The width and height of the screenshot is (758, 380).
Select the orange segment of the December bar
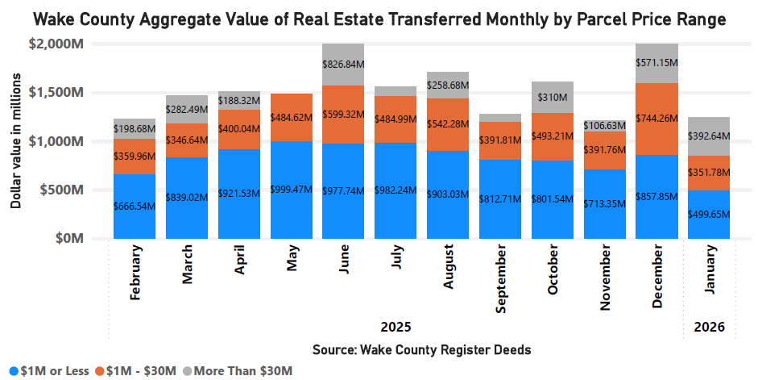pyautogui.click(x=657, y=119)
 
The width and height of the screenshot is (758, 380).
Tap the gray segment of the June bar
pyautogui.click(x=343, y=64)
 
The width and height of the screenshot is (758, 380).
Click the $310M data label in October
pyautogui.click(x=552, y=97)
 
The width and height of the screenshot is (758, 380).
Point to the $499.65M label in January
pyautogui.click(x=708, y=214)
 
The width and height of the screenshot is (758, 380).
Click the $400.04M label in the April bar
pyautogui.click(x=238, y=128)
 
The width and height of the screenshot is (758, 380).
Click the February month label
pyautogui.click(x=135, y=274)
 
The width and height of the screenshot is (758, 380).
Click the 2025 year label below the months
pyautogui.click(x=396, y=328)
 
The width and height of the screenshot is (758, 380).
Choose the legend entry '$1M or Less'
pyautogui.click(x=48, y=370)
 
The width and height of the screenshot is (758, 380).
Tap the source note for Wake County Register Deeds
pyautogui.click(x=421, y=349)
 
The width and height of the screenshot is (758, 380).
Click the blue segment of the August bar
pyautogui.click(x=448, y=194)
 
